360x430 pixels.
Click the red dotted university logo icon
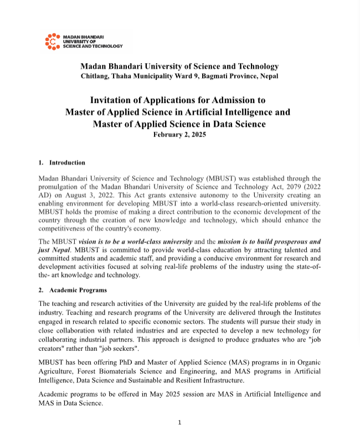coord(52,42)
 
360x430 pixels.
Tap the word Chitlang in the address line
coord(95,76)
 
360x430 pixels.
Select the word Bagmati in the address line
coord(220,76)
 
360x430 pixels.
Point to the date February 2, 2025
coord(179,135)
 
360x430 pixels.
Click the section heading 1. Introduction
coord(62,163)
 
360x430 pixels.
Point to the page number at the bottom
coord(179,423)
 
